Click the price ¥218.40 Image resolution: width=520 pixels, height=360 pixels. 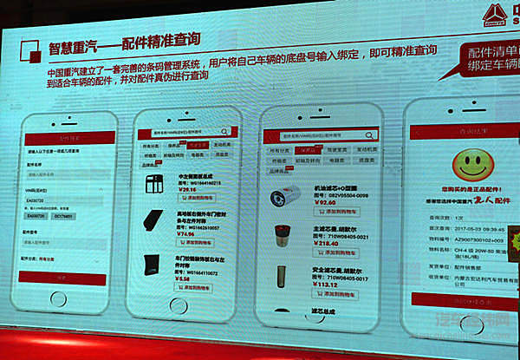click(327, 245)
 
